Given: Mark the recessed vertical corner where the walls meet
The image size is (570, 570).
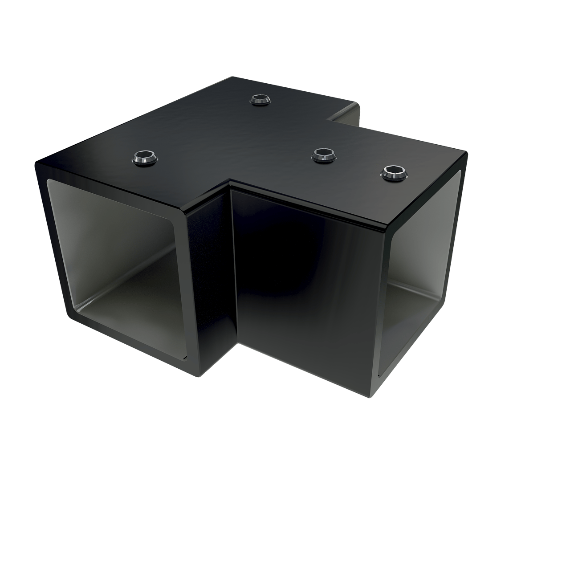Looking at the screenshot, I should [x=232, y=267].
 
